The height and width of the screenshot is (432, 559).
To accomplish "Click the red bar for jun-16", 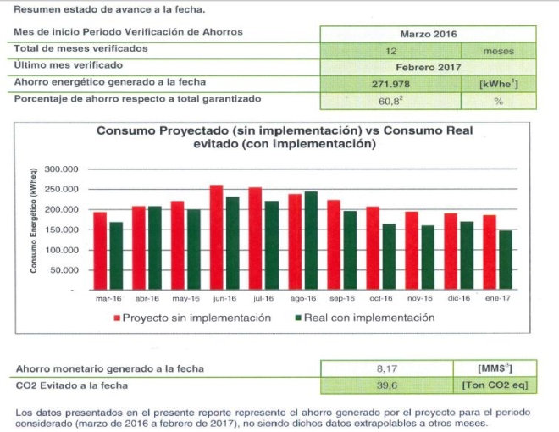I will [x=216, y=237].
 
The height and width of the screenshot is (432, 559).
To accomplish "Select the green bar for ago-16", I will [x=311, y=241].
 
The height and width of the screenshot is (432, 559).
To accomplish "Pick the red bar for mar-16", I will [x=100, y=251].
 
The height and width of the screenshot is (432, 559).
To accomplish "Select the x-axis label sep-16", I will [x=343, y=298].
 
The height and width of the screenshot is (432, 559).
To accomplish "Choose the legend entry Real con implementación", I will [x=365, y=318].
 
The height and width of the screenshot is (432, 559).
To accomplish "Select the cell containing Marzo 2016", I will [x=428, y=34].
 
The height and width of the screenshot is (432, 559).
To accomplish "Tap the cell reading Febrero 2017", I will [x=428, y=66].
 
